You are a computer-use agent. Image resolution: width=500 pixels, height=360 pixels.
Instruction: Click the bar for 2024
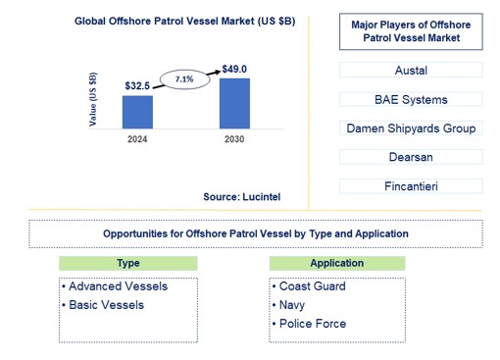click(x=137, y=111)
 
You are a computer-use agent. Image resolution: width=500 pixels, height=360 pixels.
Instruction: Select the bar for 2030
click(x=234, y=103)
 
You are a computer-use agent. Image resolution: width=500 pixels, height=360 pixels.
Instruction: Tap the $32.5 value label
click(x=137, y=86)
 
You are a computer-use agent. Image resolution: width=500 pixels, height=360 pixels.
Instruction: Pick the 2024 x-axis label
click(x=137, y=139)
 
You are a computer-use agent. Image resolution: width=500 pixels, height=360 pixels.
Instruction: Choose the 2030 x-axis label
click(x=234, y=139)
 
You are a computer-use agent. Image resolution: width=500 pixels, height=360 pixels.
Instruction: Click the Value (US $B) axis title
click(x=93, y=99)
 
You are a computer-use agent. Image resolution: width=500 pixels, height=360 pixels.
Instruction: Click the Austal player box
click(x=412, y=71)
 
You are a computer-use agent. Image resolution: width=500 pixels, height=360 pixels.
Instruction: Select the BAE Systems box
click(x=412, y=99)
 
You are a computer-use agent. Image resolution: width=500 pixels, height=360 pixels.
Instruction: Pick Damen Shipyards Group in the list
click(x=412, y=129)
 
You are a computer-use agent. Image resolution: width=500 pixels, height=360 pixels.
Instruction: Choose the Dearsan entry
click(x=412, y=157)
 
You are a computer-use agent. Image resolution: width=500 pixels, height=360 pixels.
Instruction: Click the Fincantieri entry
click(x=412, y=186)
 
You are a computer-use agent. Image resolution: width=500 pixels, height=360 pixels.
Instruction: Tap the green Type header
click(x=128, y=263)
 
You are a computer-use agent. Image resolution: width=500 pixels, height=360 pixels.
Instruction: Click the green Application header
click(x=337, y=263)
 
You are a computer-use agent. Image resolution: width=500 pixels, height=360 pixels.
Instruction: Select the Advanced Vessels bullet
click(x=115, y=286)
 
